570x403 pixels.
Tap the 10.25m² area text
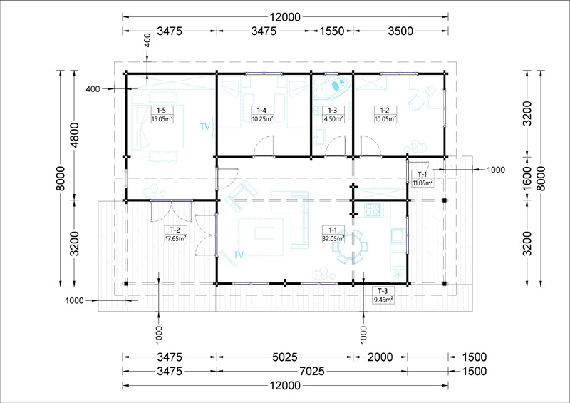[262, 118]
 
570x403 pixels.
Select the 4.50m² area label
[333, 118]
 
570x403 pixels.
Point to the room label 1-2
[385, 110]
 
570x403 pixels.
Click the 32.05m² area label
[333, 238]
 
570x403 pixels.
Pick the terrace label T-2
[175, 230]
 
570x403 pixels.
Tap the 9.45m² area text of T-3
[383, 300]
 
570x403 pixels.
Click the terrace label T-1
[423, 175]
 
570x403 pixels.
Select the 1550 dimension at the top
[332, 31]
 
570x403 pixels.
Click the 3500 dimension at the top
[400, 31]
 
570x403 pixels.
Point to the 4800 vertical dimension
[74, 136]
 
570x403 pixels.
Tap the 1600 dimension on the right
[527, 178]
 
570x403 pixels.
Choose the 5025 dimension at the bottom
[285, 357]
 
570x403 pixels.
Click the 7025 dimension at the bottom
[312, 372]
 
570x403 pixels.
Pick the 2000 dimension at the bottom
[380, 357]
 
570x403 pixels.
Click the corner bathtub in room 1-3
[332, 86]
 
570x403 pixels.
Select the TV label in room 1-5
[205, 126]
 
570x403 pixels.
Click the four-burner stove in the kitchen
[372, 209]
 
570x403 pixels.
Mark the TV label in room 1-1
[239, 255]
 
